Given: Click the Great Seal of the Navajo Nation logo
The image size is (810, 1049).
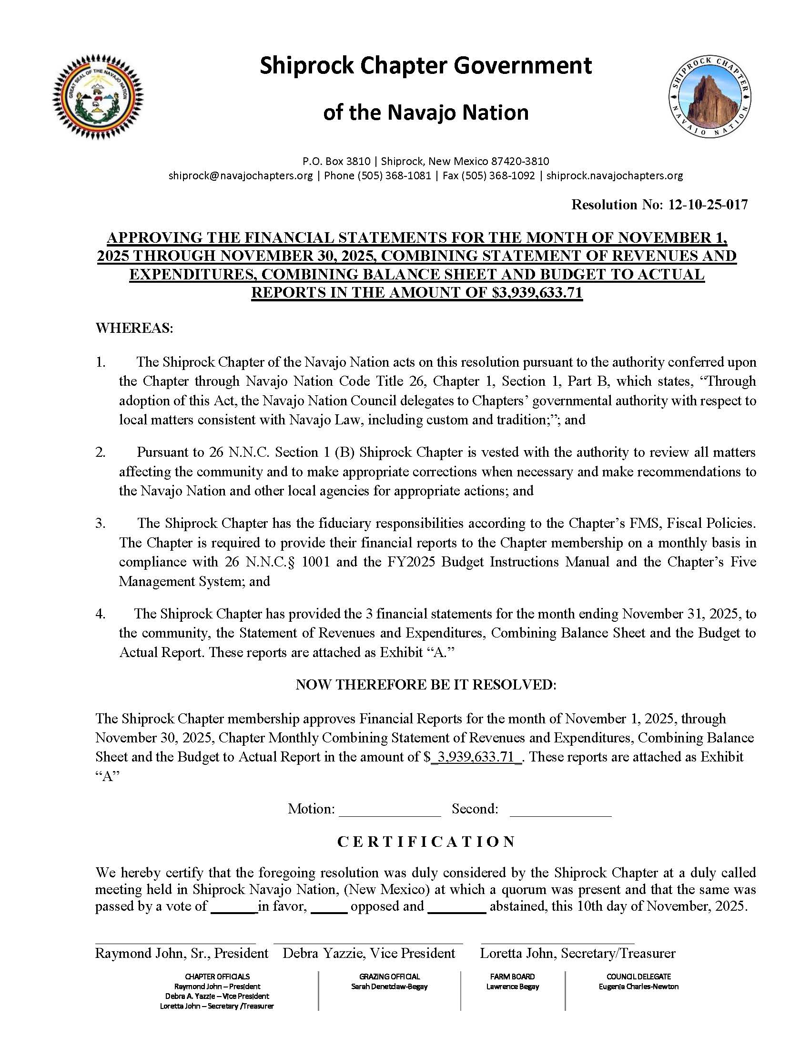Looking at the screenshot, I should click(98, 97).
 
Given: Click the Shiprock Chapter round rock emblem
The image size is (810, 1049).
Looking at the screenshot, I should click(710, 97).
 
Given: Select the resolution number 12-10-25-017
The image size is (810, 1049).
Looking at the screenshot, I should click(708, 205).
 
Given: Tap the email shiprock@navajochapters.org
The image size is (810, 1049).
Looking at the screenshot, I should click(241, 176).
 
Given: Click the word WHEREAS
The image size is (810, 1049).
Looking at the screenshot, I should click(134, 329).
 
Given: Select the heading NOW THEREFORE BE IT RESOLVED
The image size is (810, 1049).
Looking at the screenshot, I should click(426, 685).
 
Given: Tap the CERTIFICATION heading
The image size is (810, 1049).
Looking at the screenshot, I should click(426, 842).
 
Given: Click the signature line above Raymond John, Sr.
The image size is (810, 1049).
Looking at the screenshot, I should click(175, 943).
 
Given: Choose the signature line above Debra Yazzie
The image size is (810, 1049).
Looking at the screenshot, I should click(368, 943).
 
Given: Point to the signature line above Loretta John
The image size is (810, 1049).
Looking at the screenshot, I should click(557, 943).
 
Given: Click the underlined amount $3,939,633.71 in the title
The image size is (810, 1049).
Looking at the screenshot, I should click(537, 292).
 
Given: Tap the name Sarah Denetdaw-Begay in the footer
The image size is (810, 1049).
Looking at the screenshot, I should click(389, 987).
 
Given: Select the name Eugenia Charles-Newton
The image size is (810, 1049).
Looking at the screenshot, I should click(638, 987).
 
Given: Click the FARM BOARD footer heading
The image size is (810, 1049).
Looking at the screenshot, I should click(513, 977).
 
